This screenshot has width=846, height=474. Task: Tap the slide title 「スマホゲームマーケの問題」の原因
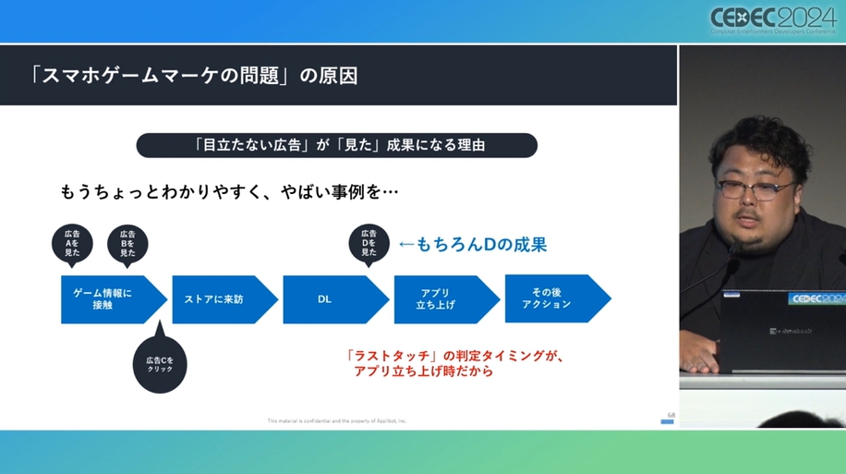(193, 75)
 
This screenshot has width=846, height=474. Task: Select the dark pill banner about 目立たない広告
(336, 145)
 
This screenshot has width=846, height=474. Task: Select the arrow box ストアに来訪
(220, 298)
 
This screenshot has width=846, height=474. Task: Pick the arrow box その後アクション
(552, 298)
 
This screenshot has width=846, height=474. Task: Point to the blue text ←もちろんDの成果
(472, 244)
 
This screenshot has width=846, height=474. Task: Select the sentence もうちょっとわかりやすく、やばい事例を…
(229, 192)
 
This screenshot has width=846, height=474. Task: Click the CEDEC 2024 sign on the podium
(816, 298)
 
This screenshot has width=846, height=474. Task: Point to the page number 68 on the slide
(671, 415)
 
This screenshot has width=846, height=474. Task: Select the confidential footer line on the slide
(336, 420)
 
